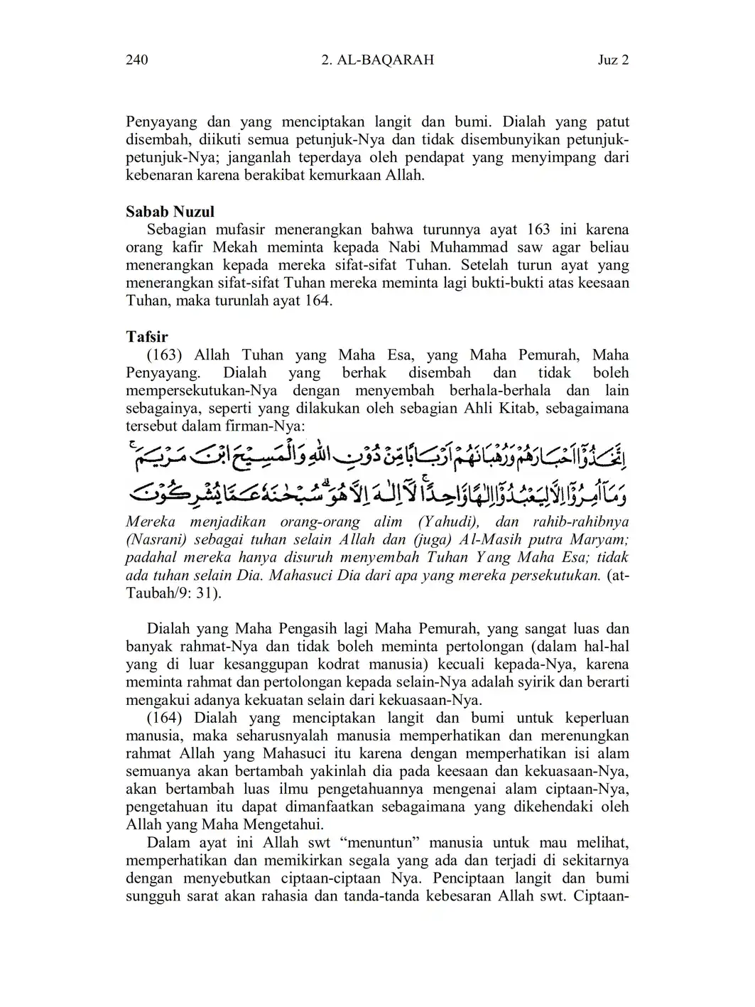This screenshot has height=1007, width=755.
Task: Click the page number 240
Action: click(136, 60)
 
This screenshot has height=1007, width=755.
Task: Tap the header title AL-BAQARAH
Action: click(384, 60)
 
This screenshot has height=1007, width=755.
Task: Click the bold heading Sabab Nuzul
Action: click(170, 212)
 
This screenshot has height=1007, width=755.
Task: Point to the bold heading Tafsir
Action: click(146, 337)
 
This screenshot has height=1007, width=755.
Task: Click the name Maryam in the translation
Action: click(604, 539)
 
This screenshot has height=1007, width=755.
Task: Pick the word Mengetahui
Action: click(283, 825)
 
